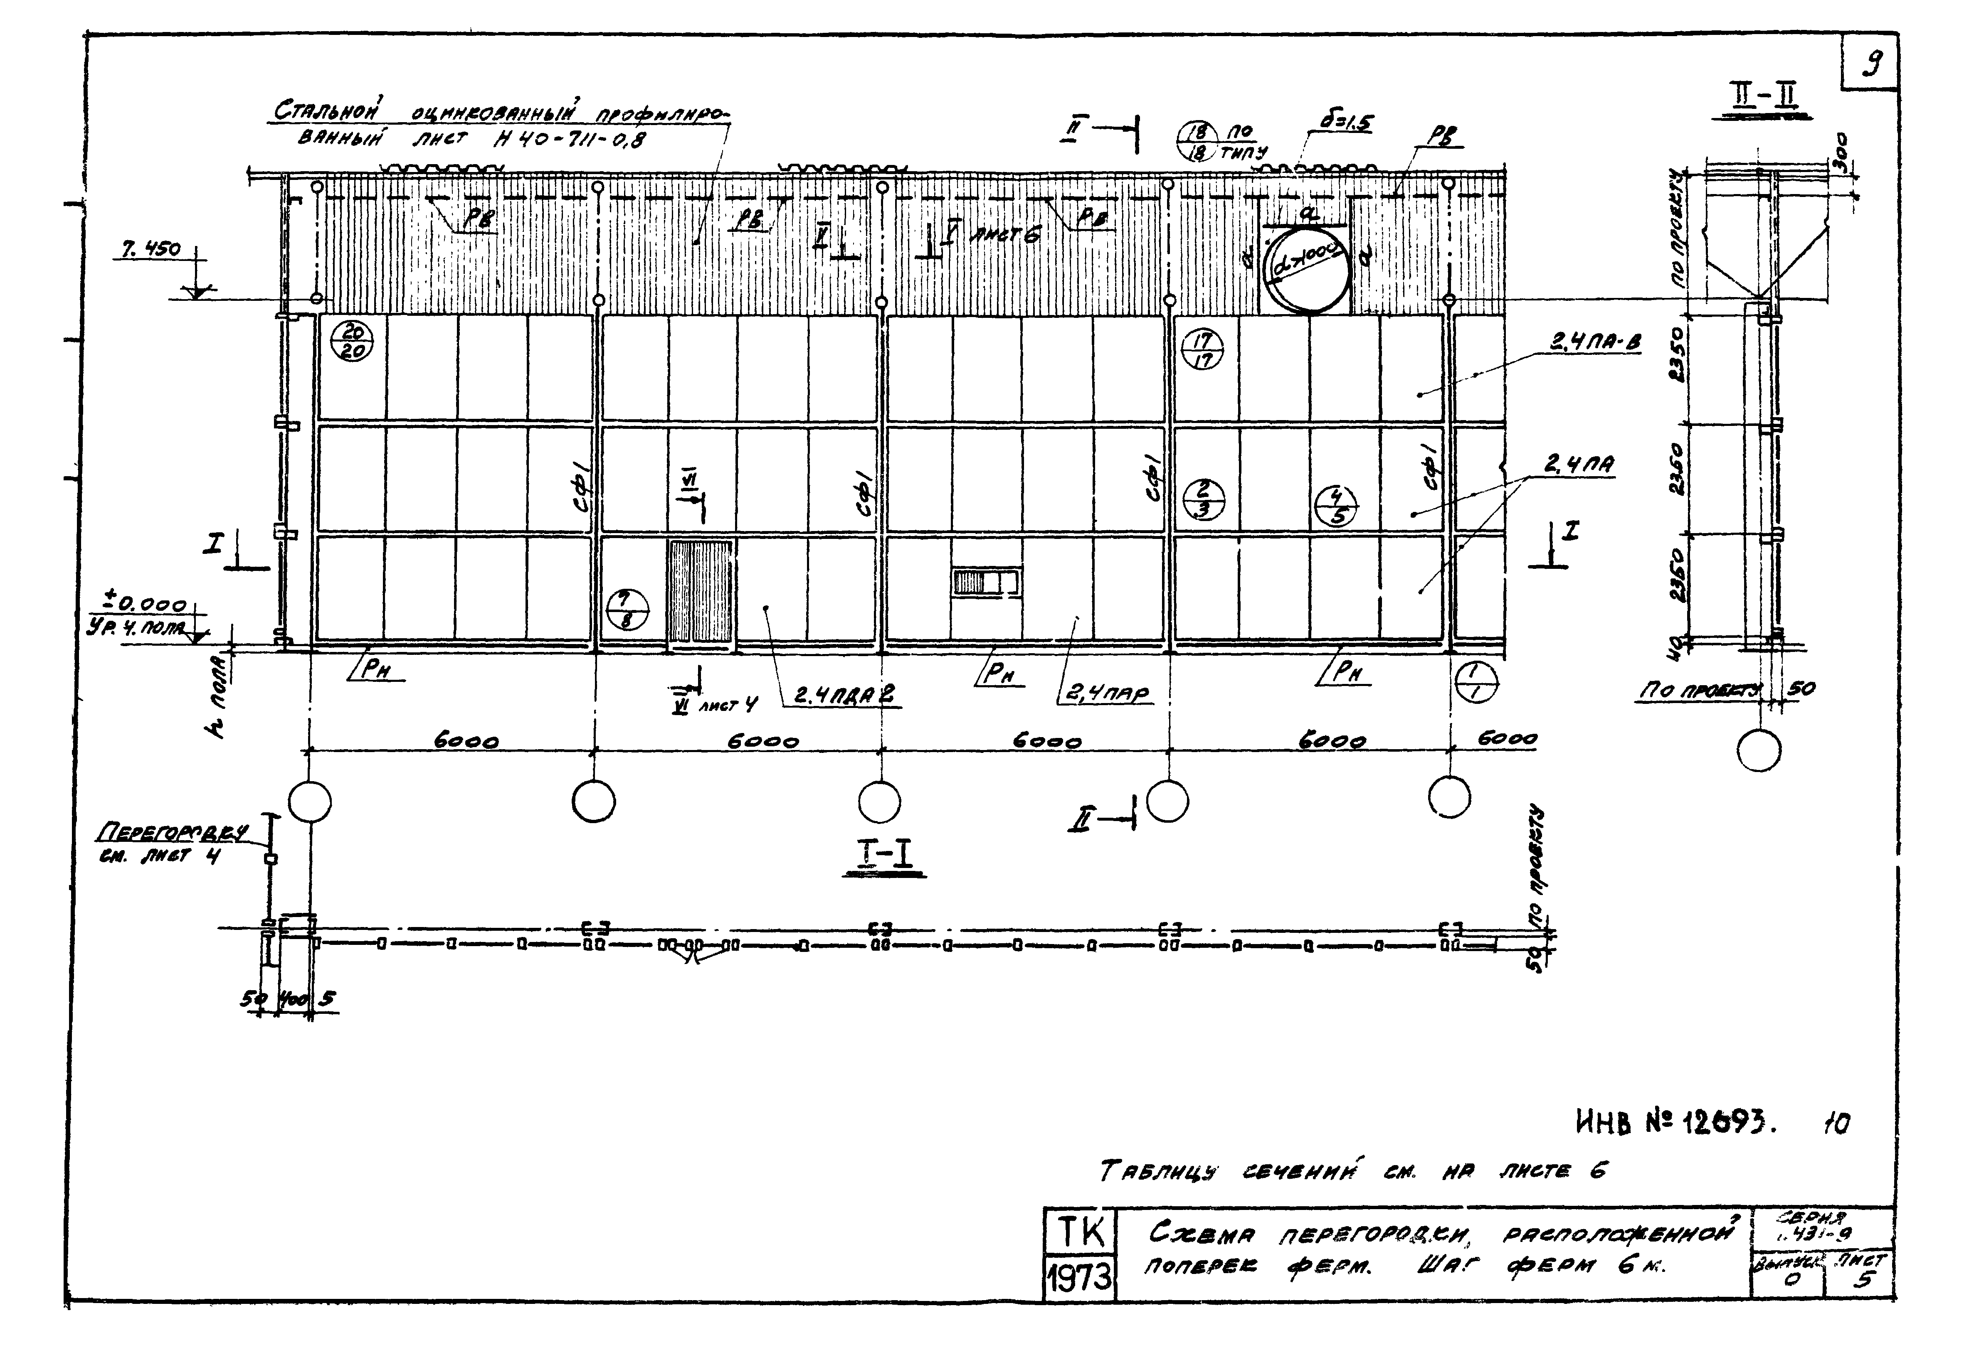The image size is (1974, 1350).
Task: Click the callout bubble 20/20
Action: pos(351,342)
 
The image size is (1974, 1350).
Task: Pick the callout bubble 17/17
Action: pos(1203,349)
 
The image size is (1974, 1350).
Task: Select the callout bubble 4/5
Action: pos(1335,506)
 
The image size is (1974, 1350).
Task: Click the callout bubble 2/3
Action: pos(1203,499)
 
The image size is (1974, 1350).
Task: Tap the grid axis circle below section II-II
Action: pos(1759,750)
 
